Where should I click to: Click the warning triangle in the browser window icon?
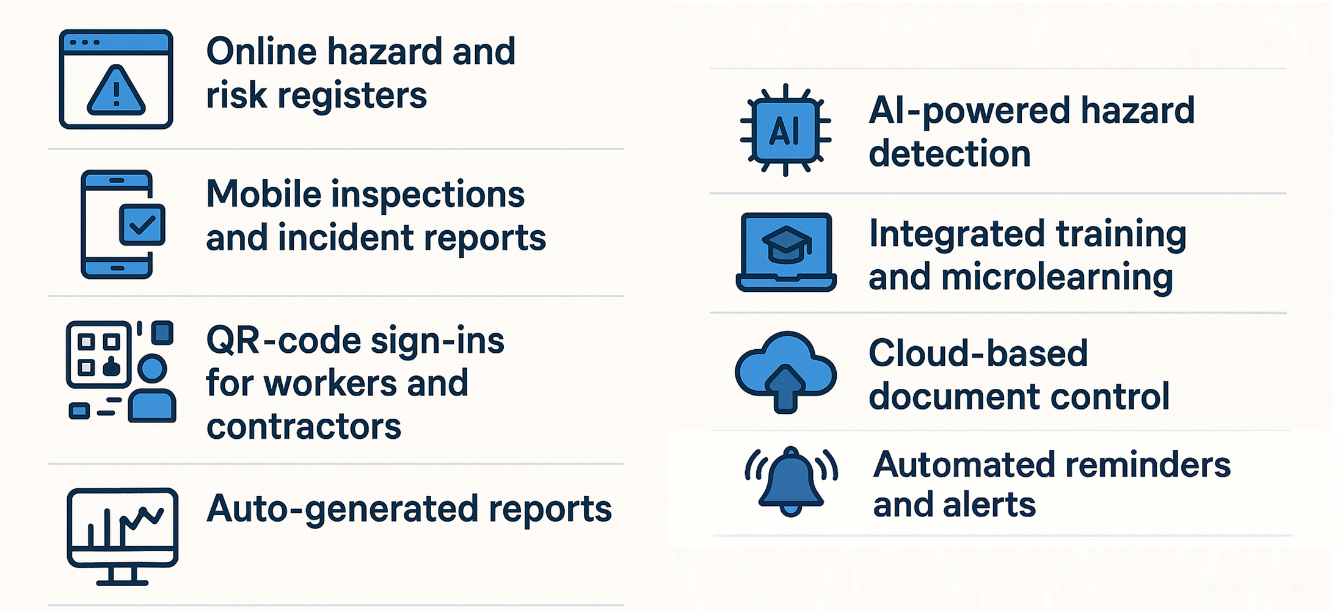tap(116, 92)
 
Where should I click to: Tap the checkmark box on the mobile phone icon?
tap(142, 225)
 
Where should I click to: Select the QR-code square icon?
tap(98, 354)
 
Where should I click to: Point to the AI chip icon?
tap(785, 130)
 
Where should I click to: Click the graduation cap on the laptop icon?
tap(786, 244)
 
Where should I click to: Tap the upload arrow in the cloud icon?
tap(786, 387)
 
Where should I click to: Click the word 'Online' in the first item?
tap(261, 51)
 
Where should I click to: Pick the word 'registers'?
tap(352, 96)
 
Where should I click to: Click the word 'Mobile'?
tap(264, 194)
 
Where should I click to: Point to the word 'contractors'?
tap(304, 426)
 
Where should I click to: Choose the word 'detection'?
tap(950, 153)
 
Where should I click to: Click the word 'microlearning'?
tap(1057, 277)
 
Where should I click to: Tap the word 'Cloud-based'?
tap(978, 353)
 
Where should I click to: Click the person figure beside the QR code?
tap(152, 391)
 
